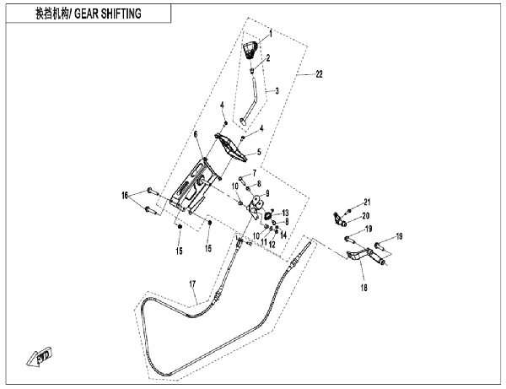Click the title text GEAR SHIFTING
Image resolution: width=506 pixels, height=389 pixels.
[110, 14]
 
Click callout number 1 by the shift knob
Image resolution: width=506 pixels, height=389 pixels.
[271, 35]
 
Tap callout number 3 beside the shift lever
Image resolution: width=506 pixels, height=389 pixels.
[275, 91]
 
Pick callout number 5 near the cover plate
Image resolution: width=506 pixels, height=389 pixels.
[259, 153]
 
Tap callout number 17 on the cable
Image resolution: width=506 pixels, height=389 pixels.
[191, 284]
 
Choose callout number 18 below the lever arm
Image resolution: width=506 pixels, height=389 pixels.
[364, 287]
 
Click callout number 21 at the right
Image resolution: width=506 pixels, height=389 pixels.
[367, 201]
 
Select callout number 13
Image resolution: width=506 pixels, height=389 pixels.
[286, 213]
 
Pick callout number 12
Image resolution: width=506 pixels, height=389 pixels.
[272, 244]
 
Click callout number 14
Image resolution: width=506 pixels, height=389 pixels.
[283, 234]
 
